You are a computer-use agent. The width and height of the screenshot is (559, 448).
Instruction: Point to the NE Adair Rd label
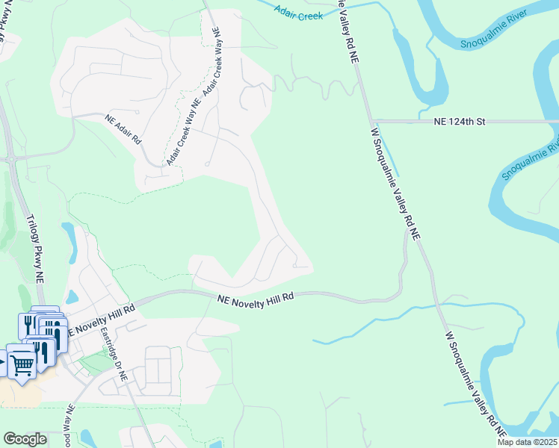tap(123, 128)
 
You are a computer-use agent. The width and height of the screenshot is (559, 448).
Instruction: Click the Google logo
tap(25, 439)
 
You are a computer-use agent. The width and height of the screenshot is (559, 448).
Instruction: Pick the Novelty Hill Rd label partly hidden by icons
tap(101, 318)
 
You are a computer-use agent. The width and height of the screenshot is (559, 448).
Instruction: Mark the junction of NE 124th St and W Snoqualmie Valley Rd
tap(371, 121)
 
